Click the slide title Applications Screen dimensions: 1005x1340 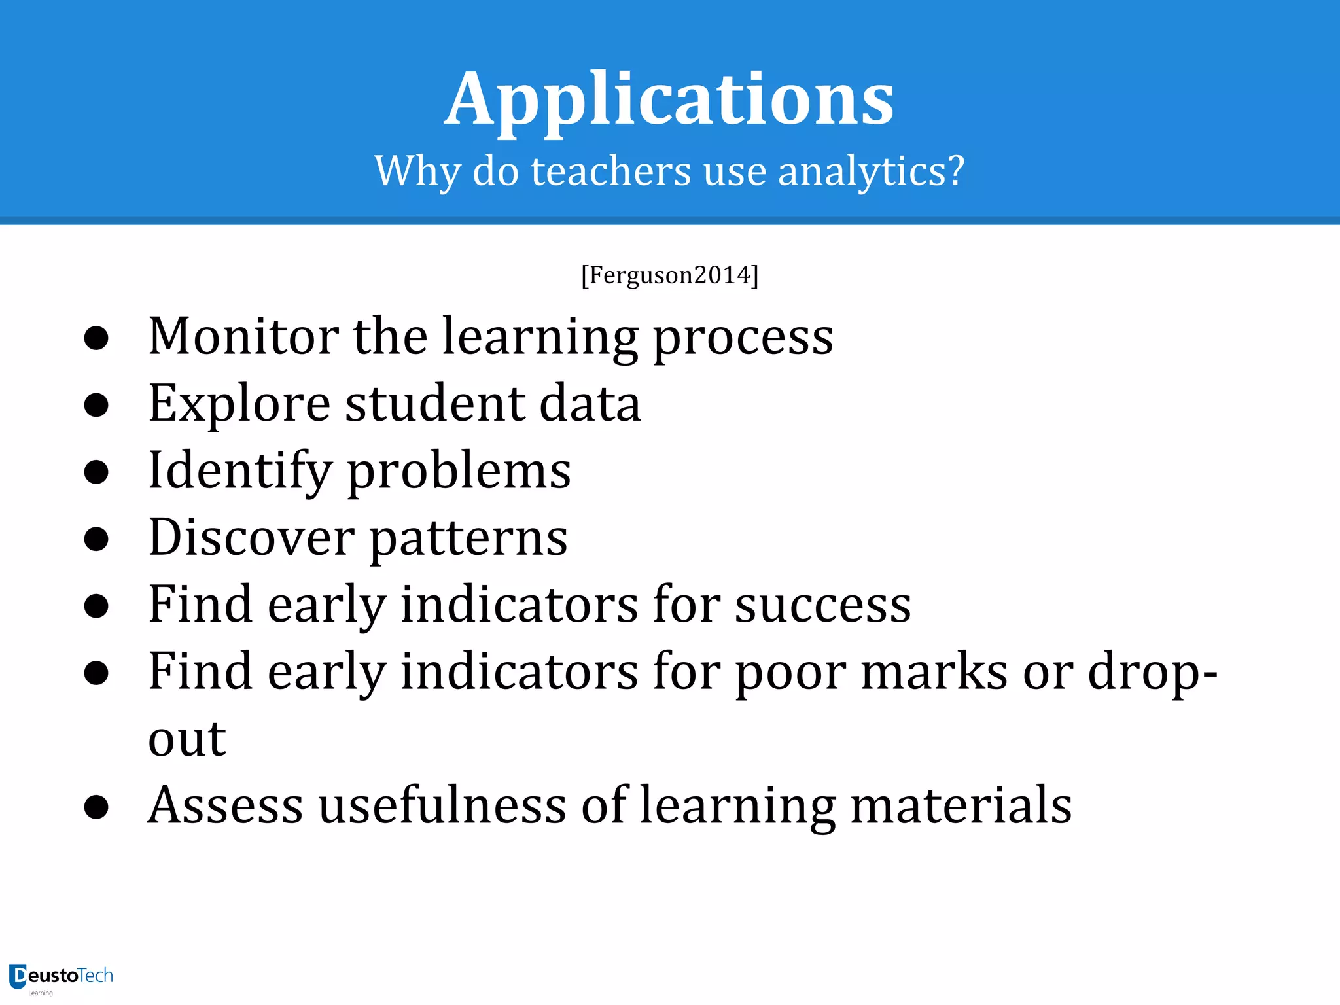click(669, 100)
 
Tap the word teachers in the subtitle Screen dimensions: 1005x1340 click(610, 171)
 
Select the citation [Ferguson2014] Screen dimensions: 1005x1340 click(669, 275)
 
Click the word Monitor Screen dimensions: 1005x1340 click(243, 336)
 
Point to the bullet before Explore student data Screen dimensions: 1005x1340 click(96, 405)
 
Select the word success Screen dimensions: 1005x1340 click(822, 605)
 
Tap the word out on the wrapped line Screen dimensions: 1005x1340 click(187, 739)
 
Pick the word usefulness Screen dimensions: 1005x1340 click(442, 805)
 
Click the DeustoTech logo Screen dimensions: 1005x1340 click(61, 978)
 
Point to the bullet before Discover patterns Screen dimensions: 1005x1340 click(96, 539)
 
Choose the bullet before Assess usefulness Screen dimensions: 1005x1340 click(96, 807)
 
